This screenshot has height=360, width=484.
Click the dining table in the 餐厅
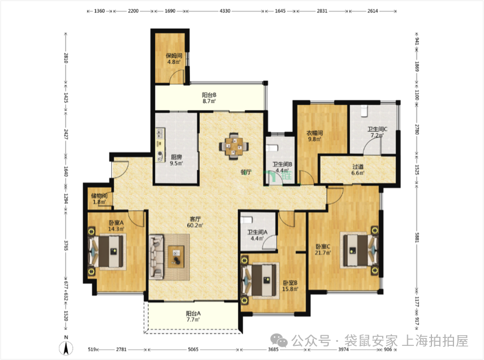(x=234, y=146)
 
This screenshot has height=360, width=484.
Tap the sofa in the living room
(x=157, y=257)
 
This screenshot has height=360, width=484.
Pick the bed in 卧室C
(x=358, y=250)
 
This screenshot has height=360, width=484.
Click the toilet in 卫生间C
(x=364, y=111)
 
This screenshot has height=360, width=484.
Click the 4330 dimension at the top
(x=224, y=11)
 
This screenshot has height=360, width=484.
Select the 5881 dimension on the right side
(x=417, y=237)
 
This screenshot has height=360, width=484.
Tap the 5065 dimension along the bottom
(x=193, y=349)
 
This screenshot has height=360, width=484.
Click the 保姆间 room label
(x=174, y=55)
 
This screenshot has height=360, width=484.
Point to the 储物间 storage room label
(x=99, y=196)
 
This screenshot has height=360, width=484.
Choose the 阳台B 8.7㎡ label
(x=209, y=98)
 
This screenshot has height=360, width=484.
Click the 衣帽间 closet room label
(x=314, y=133)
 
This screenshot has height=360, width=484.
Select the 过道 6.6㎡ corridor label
(x=358, y=170)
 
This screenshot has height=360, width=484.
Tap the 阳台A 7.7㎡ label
(x=193, y=316)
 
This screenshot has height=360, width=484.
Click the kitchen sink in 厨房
(x=160, y=133)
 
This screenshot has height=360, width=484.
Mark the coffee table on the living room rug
(x=176, y=257)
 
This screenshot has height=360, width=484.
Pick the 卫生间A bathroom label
(x=257, y=232)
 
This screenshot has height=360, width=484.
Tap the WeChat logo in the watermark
(x=279, y=341)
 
